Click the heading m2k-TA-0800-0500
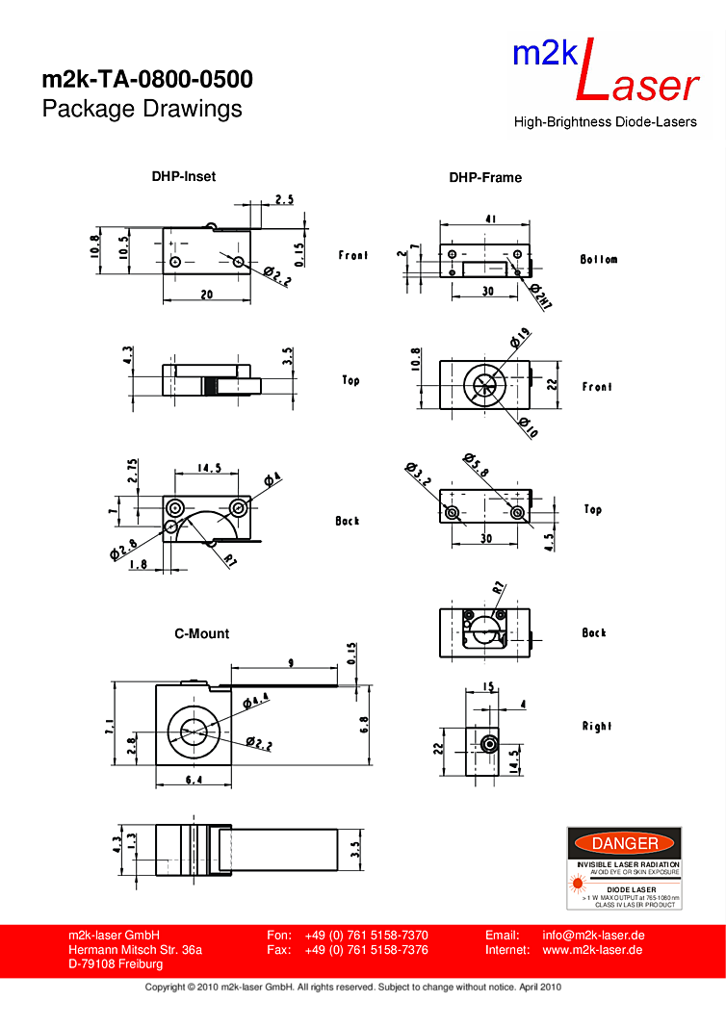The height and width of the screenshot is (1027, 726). click(147, 79)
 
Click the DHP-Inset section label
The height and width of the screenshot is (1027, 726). click(183, 176)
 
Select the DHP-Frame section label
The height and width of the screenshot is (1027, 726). click(485, 177)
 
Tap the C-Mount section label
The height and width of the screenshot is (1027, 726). click(201, 633)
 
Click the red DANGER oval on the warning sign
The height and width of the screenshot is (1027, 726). click(624, 844)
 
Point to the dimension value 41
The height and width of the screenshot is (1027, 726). click(490, 219)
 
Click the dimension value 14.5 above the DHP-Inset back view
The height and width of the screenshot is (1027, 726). click(210, 469)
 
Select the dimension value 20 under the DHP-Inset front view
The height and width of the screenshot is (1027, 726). click(207, 295)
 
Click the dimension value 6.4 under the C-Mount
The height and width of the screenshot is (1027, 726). click(194, 780)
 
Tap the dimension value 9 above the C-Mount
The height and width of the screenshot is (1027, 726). click(292, 662)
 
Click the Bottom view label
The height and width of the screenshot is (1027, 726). click(599, 259)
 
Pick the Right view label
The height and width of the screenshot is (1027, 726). click(596, 726)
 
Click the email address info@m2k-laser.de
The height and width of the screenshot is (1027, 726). click(593, 935)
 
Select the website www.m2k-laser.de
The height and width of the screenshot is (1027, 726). click(593, 950)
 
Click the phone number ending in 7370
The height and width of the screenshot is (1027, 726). click(366, 935)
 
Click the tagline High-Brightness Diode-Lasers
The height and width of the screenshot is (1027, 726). click(605, 122)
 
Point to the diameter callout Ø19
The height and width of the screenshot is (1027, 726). click(519, 338)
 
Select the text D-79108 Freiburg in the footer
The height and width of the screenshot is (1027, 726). click(116, 964)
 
